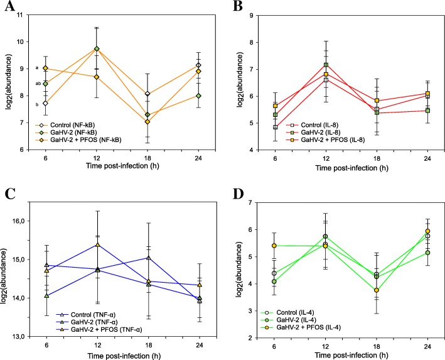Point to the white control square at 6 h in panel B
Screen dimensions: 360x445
point(274,127)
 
